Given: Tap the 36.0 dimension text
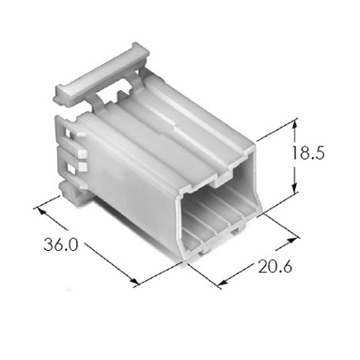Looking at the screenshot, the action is click(x=60, y=244).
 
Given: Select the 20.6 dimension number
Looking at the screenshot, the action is click(x=275, y=266).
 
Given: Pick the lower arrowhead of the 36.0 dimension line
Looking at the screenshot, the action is click(x=134, y=281).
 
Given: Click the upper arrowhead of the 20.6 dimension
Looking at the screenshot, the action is click(x=291, y=240).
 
